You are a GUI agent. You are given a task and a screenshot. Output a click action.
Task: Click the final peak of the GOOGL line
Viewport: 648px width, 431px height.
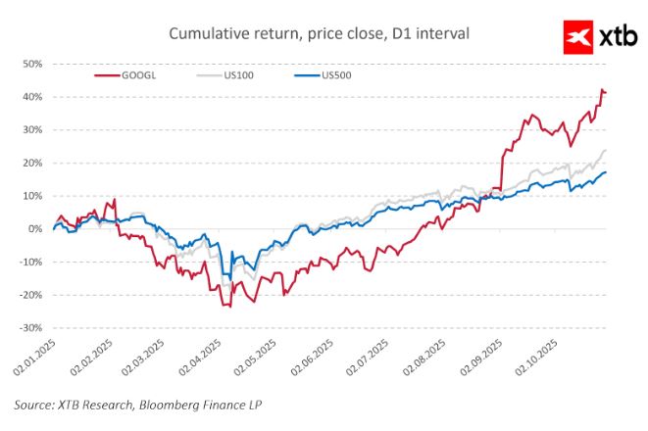point(602,89)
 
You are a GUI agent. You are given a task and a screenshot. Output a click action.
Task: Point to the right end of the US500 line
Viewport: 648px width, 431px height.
point(606,172)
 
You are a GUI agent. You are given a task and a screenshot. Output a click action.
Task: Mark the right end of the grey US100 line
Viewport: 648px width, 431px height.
point(606,150)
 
